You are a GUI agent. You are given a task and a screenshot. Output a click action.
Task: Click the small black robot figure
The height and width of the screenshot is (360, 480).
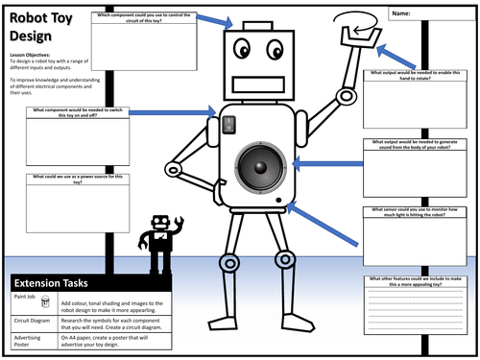(x=158, y=241)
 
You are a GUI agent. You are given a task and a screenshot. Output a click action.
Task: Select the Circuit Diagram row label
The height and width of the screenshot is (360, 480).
(x=34, y=324)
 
